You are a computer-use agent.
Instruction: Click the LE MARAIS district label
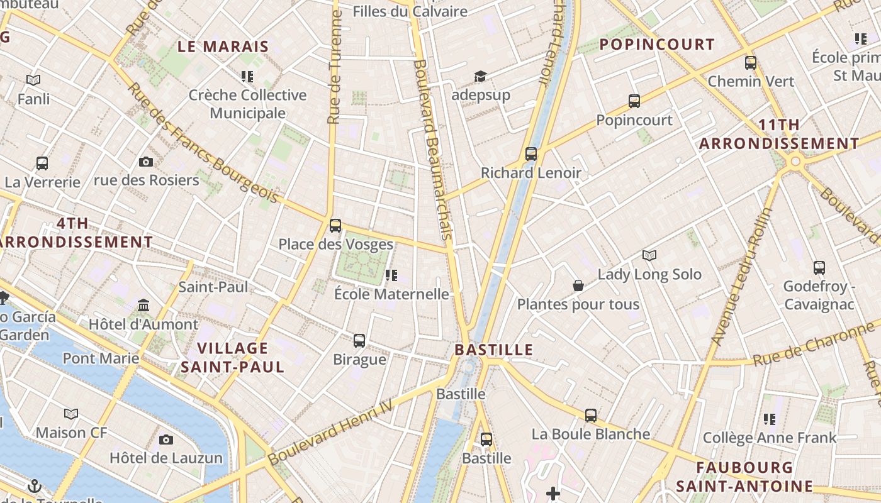pyautogui.click(x=223, y=47)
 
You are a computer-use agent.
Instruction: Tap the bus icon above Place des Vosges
pyautogui.click(x=335, y=225)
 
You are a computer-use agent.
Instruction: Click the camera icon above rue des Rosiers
pyautogui.click(x=146, y=162)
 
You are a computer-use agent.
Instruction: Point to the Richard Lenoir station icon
pyautogui.click(x=531, y=153)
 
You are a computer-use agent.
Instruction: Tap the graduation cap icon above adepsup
pyautogui.click(x=481, y=76)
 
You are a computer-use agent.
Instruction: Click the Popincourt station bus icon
pyautogui.click(x=634, y=101)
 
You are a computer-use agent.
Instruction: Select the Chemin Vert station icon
pyautogui.click(x=751, y=62)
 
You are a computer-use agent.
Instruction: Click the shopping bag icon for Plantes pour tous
pyautogui.click(x=578, y=285)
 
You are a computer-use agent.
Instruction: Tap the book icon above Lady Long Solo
pyautogui.click(x=649, y=255)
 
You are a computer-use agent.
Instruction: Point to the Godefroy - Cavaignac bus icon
pyautogui.click(x=819, y=267)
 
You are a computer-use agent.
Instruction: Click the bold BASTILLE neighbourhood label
pyautogui.click(x=494, y=350)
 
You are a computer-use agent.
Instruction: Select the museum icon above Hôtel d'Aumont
pyautogui.click(x=143, y=306)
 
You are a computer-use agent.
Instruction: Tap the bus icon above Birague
pyautogui.click(x=359, y=340)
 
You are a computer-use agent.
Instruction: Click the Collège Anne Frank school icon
pyautogui.click(x=770, y=419)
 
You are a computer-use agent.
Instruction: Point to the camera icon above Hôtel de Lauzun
pyautogui.click(x=166, y=439)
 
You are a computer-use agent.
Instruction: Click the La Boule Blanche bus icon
pyautogui.click(x=591, y=415)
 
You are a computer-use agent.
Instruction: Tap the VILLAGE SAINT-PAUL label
pyautogui.click(x=233, y=357)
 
